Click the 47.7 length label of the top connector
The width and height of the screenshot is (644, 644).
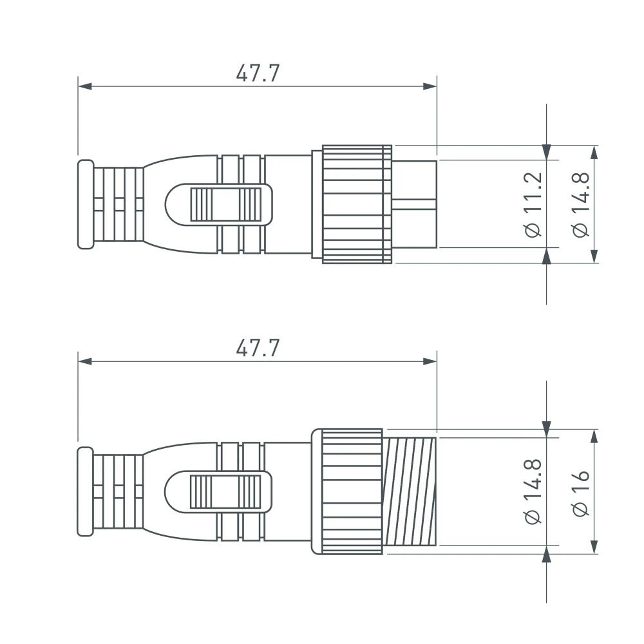(258, 73)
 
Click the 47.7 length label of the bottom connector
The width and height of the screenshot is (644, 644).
(258, 348)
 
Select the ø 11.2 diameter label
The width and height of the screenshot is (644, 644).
(534, 204)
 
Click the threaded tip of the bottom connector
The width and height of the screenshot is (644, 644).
(411, 491)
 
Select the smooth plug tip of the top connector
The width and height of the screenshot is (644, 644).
(415, 204)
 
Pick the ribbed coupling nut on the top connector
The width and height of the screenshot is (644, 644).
(357, 204)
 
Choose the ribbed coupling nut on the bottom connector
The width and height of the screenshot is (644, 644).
(352, 491)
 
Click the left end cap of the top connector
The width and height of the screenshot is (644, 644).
(85, 204)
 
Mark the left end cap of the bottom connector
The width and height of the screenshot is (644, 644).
(85, 491)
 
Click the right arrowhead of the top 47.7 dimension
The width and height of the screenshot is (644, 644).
(430, 86)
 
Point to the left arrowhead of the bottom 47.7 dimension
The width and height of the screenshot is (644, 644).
(85, 361)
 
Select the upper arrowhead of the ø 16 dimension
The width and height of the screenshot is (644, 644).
(594, 436)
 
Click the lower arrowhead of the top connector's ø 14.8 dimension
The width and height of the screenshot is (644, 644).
(594, 256)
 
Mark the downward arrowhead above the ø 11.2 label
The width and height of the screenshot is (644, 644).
(547, 153)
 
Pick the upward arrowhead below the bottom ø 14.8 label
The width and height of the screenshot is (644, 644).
(547, 553)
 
